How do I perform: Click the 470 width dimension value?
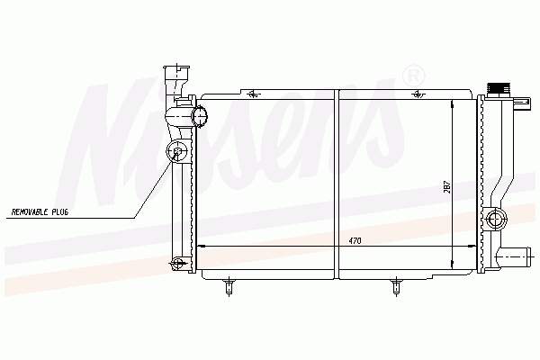click(x=355, y=241)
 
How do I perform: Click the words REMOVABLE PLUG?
click(x=40, y=212)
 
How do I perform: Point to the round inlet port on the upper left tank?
click(x=195, y=114)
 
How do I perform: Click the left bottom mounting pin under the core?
click(x=229, y=287)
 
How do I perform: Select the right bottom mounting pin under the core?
click(x=397, y=287)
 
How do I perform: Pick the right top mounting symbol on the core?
click(x=416, y=93)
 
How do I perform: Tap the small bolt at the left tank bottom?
click(x=178, y=263)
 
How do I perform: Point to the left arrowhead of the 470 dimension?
click(x=199, y=246)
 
